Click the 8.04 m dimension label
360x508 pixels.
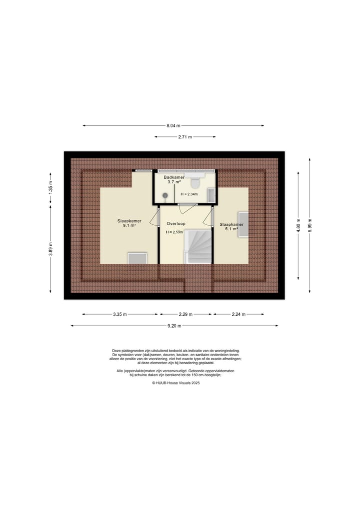[173, 126]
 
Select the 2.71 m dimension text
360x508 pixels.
[185, 137]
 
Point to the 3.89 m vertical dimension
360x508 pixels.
[50, 249]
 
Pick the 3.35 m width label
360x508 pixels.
[120, 314]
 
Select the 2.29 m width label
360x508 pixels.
[186, 314]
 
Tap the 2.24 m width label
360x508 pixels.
[238, 314]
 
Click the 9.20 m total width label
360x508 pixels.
[174, 326]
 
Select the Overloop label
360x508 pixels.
[176, 224]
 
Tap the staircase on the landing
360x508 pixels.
[199, 246]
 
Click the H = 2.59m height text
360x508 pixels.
[175, 232]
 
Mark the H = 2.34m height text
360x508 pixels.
[189, 194]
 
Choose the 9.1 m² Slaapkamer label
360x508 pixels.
[129, 223]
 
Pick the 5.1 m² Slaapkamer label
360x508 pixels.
[231, 227]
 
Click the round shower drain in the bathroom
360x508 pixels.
[164, 195]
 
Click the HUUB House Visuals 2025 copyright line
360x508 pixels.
[175, 383]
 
